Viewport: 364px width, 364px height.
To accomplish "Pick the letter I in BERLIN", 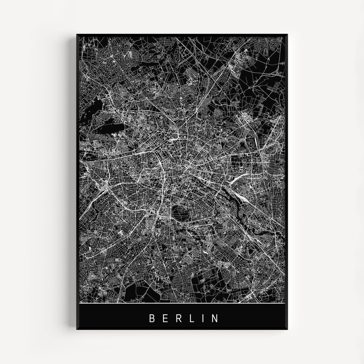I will point(202,318).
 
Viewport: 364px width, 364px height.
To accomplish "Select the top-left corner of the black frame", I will point(77,35).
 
